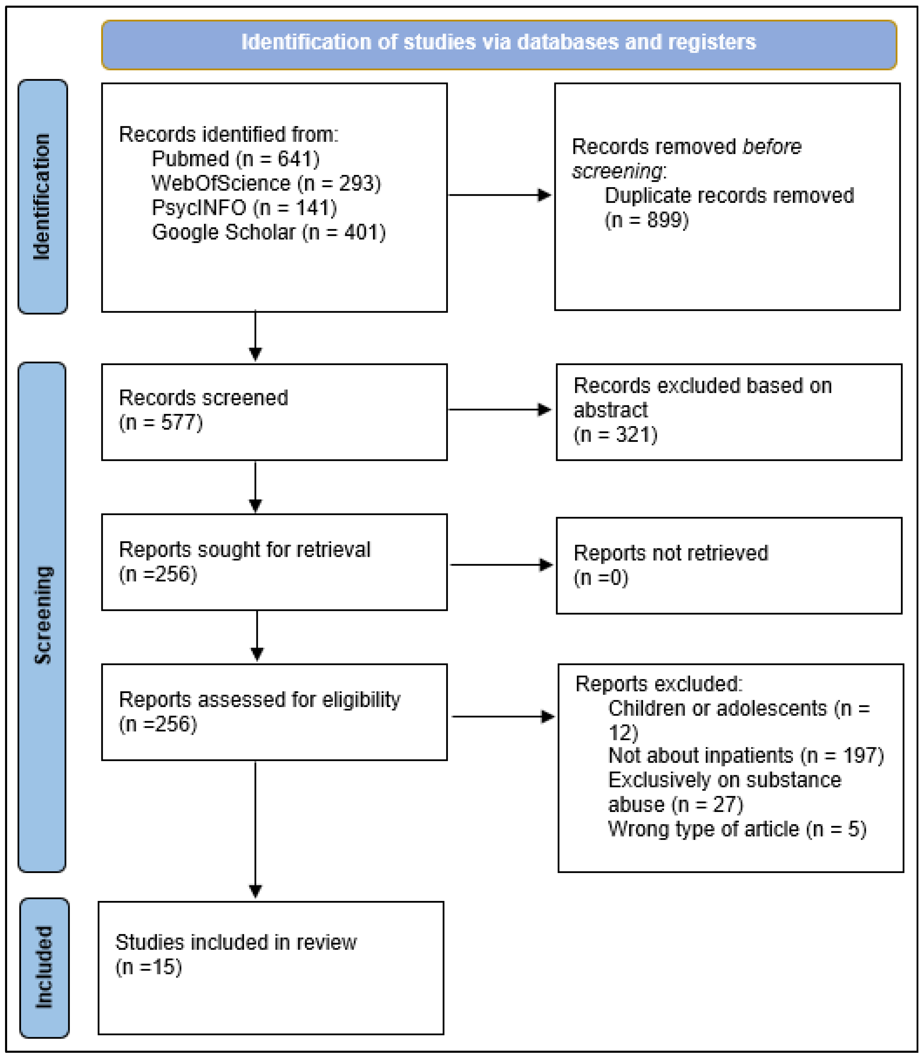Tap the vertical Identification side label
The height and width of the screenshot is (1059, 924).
coord(42,197)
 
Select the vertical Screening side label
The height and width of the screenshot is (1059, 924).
coord(42,615)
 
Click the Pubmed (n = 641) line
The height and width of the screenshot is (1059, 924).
coord(236,159)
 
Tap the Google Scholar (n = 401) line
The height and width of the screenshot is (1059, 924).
coord(268,232)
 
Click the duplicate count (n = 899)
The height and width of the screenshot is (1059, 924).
coord(647,220)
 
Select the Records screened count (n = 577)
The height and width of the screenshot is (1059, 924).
coord(161,423)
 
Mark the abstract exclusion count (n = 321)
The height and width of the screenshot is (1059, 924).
coord(616,434)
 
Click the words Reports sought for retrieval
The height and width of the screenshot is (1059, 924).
coord(244,549)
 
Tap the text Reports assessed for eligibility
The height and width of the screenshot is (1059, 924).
coord(259,700)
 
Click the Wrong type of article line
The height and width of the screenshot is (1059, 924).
coord(737,829)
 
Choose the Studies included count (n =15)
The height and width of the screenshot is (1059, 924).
coord(149,967)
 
